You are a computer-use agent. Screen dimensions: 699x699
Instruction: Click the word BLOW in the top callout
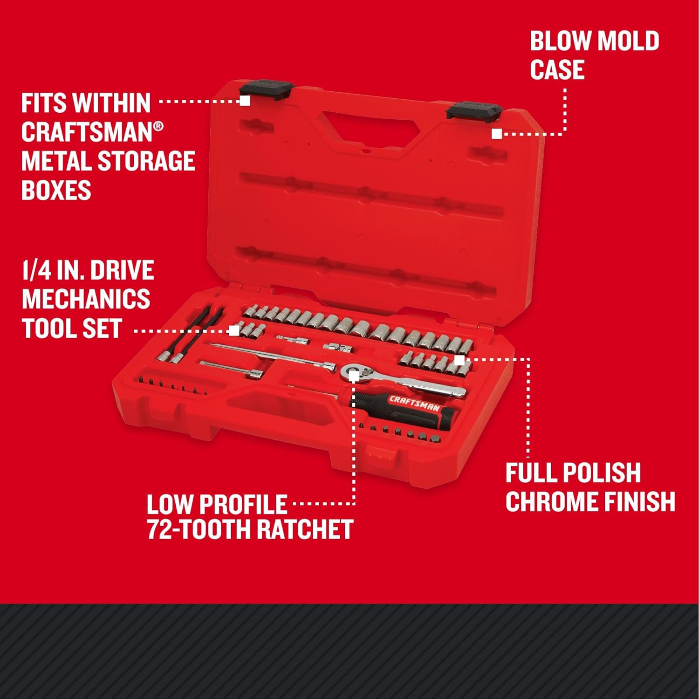click(x=558, y=41)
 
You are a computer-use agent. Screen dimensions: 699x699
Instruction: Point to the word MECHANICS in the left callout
click(x=86, y=299)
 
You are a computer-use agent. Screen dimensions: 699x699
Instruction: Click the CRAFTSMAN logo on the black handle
click(x=414, y=404)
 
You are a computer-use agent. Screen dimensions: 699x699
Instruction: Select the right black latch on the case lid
click(x=474, y=111)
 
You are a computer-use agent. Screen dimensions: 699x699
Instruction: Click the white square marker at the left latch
click(x=245, y=101)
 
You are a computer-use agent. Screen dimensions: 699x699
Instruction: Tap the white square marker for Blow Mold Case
click(x=497, y=134)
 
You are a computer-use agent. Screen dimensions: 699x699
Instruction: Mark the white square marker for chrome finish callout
click(x=459, y=360)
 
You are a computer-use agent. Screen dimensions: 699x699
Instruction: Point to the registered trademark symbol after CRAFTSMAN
click(x=158, y=126)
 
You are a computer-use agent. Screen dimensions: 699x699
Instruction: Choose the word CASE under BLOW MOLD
click(x=557, y=70)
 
